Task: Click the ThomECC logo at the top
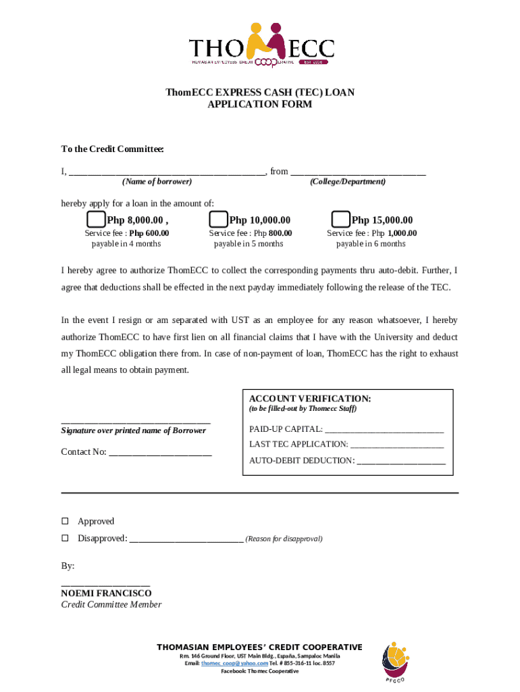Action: [261, 45]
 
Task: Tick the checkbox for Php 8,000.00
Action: [96, 220]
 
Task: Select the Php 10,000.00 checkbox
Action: [218, 220]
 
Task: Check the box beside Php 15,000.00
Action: [341, 220]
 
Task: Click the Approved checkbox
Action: [66, 521]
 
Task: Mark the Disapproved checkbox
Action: [66, 539]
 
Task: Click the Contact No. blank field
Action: [160, 453]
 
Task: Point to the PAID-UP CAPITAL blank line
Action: [384, 430]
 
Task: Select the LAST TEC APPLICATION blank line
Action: [397, 445]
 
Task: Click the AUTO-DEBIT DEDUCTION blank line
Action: [400, 462]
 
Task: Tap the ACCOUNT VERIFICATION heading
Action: [310, 399]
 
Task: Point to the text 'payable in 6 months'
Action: [371, 244]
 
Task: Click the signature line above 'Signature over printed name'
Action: [136, 422]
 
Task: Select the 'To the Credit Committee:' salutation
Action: [113, 149]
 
